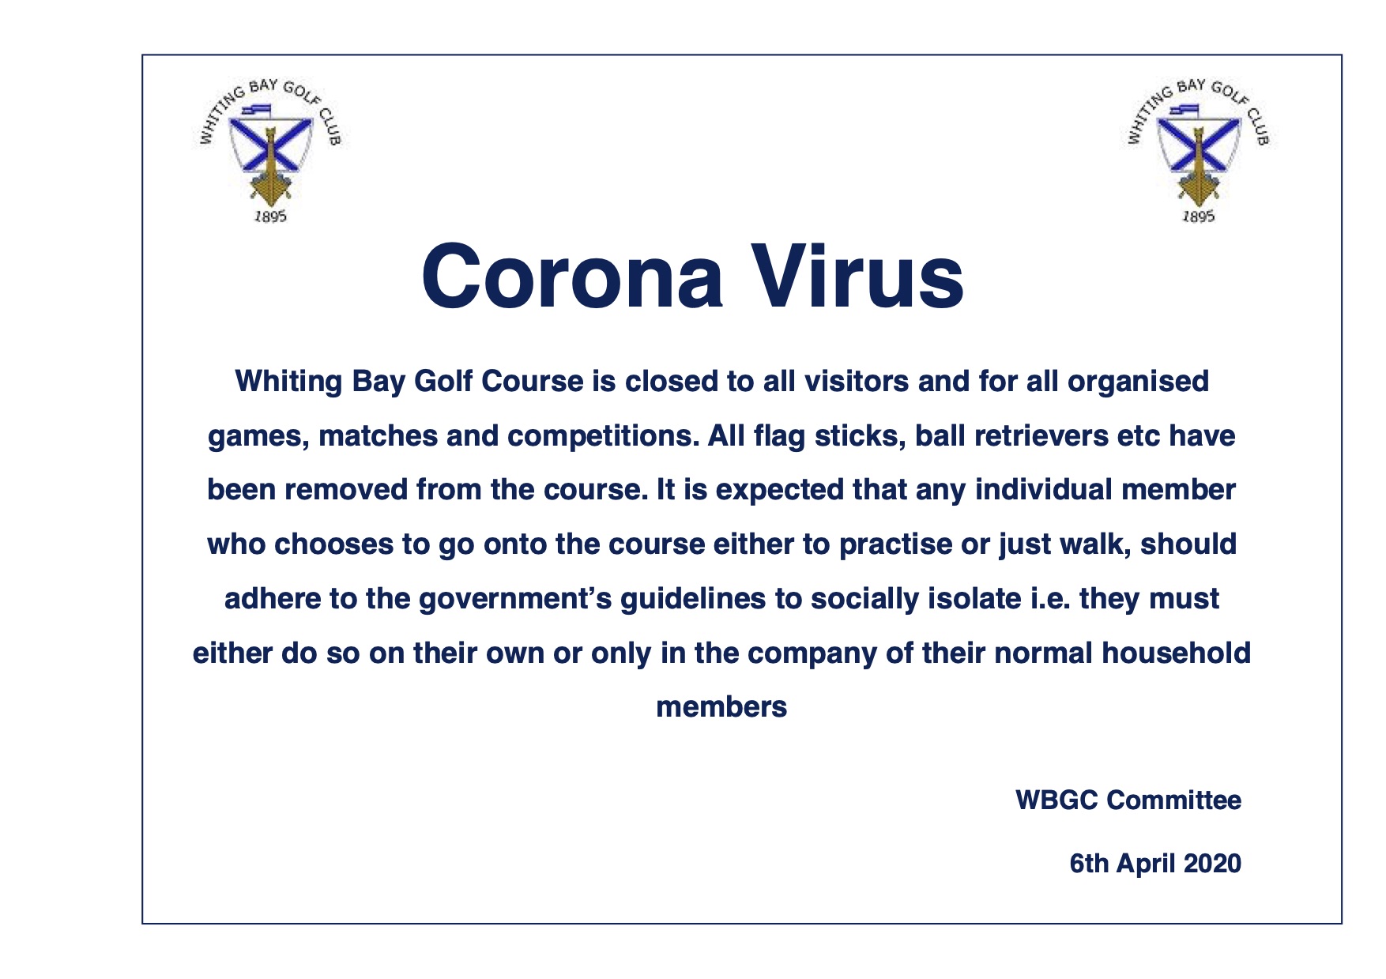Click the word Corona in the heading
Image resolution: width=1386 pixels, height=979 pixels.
coord(572,276)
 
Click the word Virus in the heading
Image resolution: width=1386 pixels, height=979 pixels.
coord(857,276)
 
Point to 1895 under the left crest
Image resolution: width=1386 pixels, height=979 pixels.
coord(269,216)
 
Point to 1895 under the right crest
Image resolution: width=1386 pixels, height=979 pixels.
coord(1197,216)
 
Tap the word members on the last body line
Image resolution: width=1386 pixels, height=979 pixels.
coord(721,707)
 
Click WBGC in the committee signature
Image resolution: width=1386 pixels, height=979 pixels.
coord(1056,800)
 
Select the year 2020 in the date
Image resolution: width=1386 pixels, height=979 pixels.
coord(1212,864)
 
